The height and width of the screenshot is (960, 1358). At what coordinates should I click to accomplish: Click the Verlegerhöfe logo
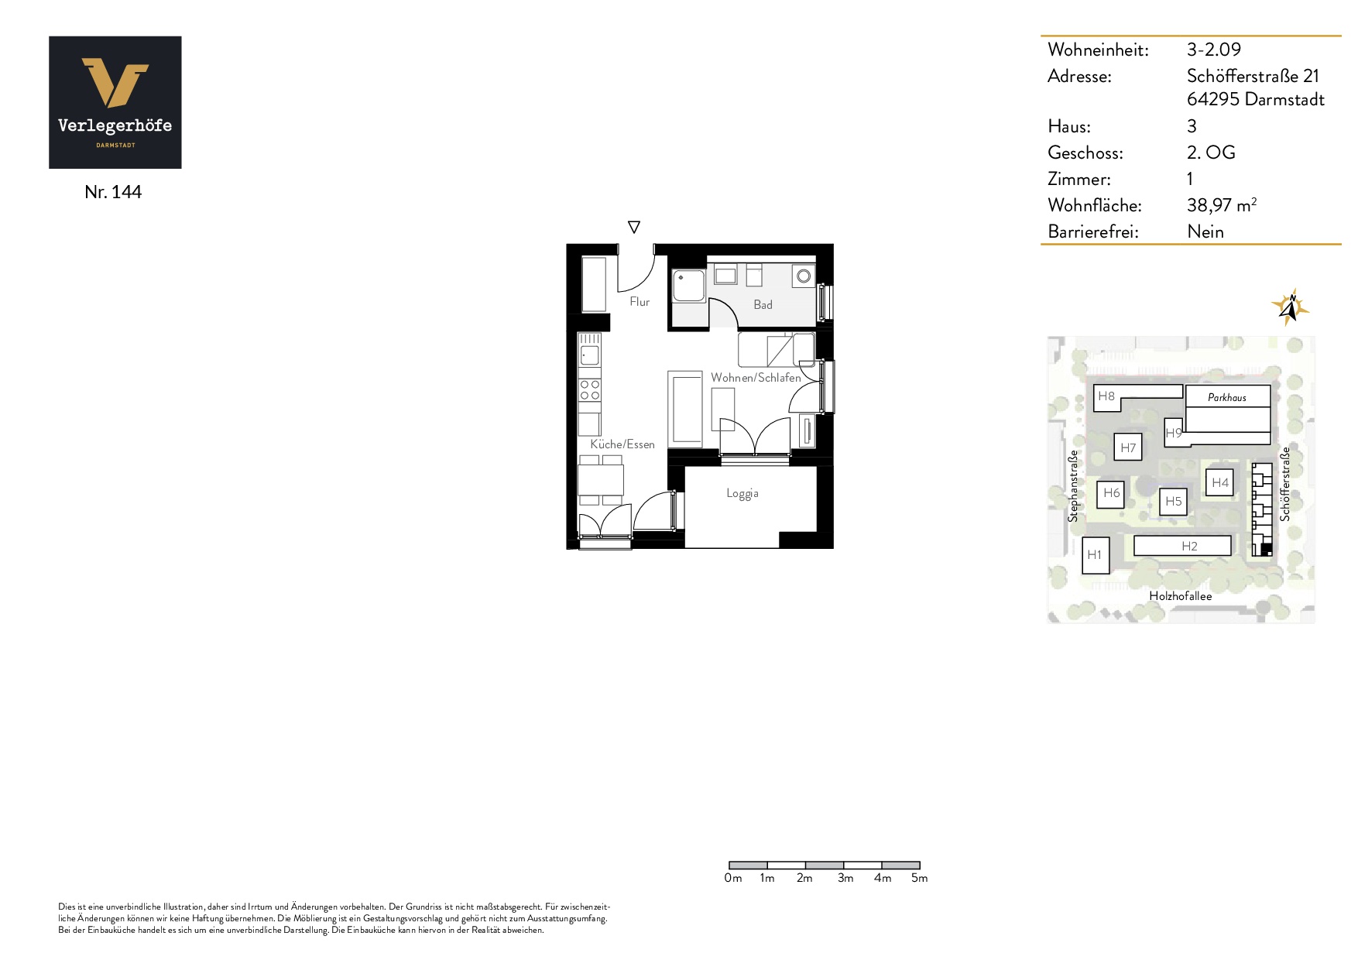click(x=115, y=102)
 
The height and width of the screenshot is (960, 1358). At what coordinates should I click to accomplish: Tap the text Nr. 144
click(x=113, y=192)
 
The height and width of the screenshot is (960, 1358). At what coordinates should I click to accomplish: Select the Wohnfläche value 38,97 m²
click(x=1221, y=205)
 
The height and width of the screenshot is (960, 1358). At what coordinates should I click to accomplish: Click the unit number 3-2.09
click(x=1213, y=50)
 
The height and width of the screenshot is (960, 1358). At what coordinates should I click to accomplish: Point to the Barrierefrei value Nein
click(x=1205, y=231)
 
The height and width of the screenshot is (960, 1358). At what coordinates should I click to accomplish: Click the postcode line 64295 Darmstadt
click(x=1255, y=99)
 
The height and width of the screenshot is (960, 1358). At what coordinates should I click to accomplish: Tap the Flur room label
click(x=640, y=302)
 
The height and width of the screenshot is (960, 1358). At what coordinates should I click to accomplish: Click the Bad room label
click(x=763, y=305)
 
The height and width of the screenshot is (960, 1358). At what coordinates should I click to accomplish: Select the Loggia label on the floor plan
click(x=742, y=493)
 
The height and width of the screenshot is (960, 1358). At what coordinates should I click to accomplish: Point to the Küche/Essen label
click(x=622, y=444)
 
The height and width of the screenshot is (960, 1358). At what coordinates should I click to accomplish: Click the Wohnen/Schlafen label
click(x=756, y=378)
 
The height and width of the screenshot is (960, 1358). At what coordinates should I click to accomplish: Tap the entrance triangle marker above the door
click(x=634, y=227)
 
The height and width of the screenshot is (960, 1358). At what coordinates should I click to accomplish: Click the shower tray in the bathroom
click(x=688, y=286)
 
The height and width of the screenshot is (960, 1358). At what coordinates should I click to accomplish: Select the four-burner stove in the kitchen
click(x=590, y=390)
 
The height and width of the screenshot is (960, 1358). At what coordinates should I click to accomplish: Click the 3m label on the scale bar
click(x=845, y=878)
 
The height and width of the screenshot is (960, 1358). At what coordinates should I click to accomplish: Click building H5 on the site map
click(x=1174, y=502)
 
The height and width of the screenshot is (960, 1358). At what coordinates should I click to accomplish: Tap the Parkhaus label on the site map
click(x=1227, y=398)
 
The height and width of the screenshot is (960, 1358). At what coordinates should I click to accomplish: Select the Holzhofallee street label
click(x=1180, y=596)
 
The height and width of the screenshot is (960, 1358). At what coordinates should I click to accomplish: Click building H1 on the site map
click(x=1095, y=555)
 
